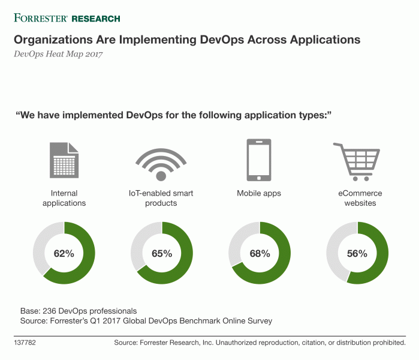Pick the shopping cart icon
[x=358, y=161]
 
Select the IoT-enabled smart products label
[x=161, y=198]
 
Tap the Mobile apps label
[x=260, y=193]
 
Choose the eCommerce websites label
[x=358, y=198]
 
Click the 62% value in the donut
[x=64, y=253]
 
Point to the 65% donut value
[x=161, y=253]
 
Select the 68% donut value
[x=260, y=253]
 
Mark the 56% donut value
[x=357, y=253]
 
